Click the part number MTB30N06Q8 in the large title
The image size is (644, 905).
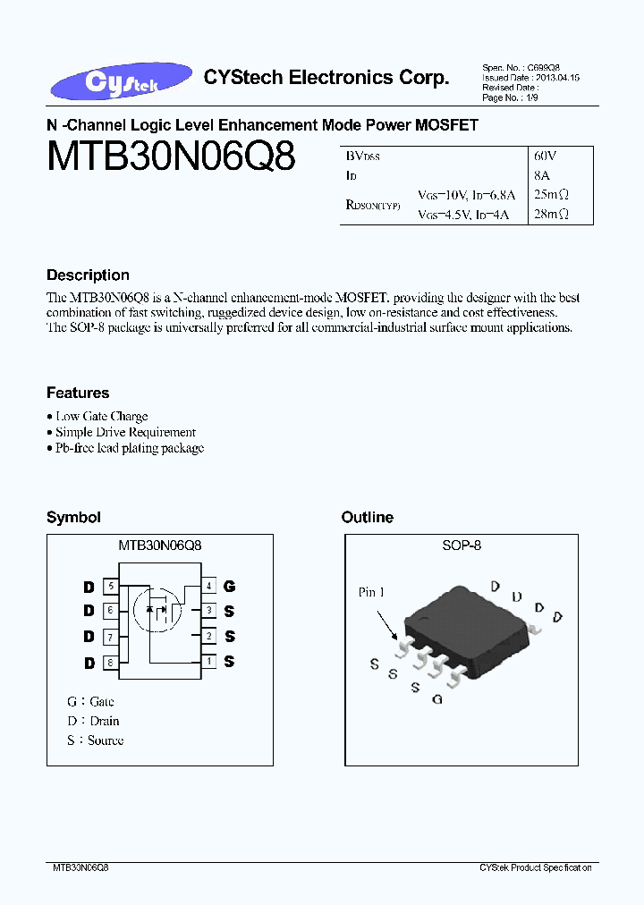pyautogui.click(x=170, y=157)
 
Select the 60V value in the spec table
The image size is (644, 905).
pyautogui.click(x=546, y=156)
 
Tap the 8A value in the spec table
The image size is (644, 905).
pyautogui.click(x=541, y=175)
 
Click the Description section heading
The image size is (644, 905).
pyautogui.click(x=88, y=275)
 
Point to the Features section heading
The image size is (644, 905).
pyautogui.click(x=78, y=393)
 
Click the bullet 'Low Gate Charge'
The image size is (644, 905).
pyautogui.click(x=101, y=416)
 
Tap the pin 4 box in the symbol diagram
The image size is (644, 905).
pyautogui.click(x=208, y=587)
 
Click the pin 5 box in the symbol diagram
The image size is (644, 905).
pyautogui.click(x=111, y=587)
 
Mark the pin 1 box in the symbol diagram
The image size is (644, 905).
pyautogui.click(x=208, y=662)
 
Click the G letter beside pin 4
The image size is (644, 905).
pyautogui.click(x=230, y=587)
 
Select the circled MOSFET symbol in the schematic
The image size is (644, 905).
pyautogui.click(x=157, y=610)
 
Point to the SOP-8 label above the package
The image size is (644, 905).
pyautogui.click(x=462, y=545)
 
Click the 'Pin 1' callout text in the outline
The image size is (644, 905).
pyautogui.click(x=371, y=592)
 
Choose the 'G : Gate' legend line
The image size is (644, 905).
pyautogui.click(x=90, y=702)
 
